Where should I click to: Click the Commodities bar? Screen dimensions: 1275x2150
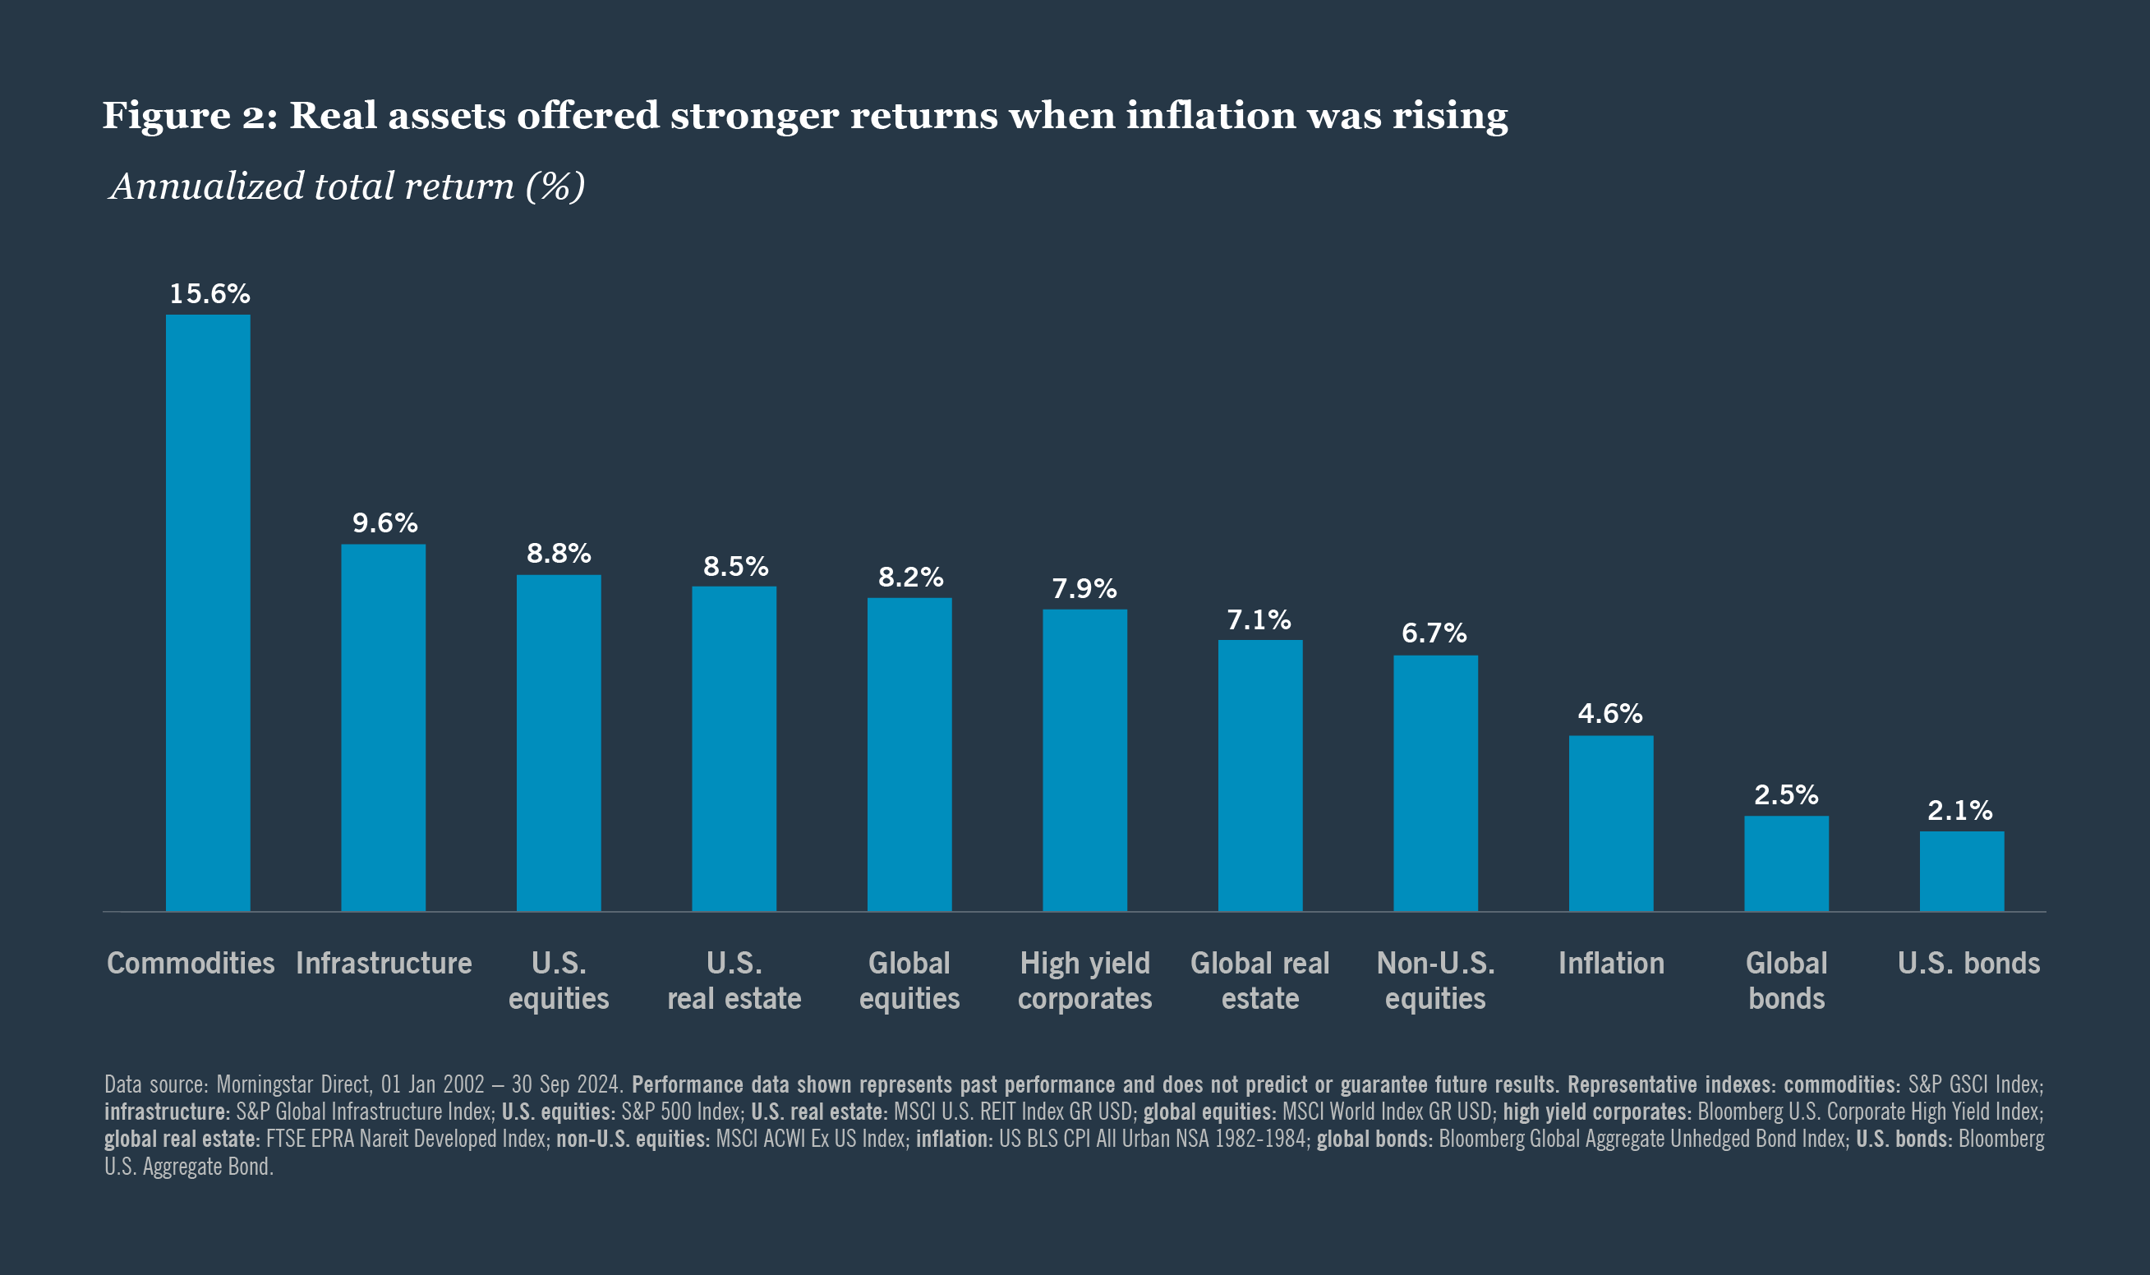[208, 613]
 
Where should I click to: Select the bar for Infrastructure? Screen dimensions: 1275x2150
[383, 728]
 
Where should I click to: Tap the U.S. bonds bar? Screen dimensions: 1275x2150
[1962, 871]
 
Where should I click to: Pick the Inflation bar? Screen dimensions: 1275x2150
[1610, 823]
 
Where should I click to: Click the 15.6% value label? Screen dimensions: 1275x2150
[209, 294]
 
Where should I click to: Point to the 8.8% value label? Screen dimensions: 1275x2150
[559, 554]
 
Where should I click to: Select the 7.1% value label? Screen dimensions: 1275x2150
[1259, 619]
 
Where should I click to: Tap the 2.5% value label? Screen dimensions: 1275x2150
[1786, 794]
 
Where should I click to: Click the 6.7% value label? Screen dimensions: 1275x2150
[1434, 633]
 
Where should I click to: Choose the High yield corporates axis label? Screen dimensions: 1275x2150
[1085, 980]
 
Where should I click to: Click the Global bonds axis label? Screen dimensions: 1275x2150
[1786, 980]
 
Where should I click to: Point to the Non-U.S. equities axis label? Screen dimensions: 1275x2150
[1435, 980]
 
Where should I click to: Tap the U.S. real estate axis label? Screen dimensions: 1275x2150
[734, 980]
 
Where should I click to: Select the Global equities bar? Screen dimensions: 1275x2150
[909, 754]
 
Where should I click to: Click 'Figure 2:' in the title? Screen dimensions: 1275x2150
[190, 115]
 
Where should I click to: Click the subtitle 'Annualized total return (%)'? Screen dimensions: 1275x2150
[347, 186]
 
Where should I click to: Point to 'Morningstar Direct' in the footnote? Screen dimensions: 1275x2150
[294, 1084]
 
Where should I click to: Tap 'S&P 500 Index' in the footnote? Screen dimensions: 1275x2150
[680, 1112]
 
